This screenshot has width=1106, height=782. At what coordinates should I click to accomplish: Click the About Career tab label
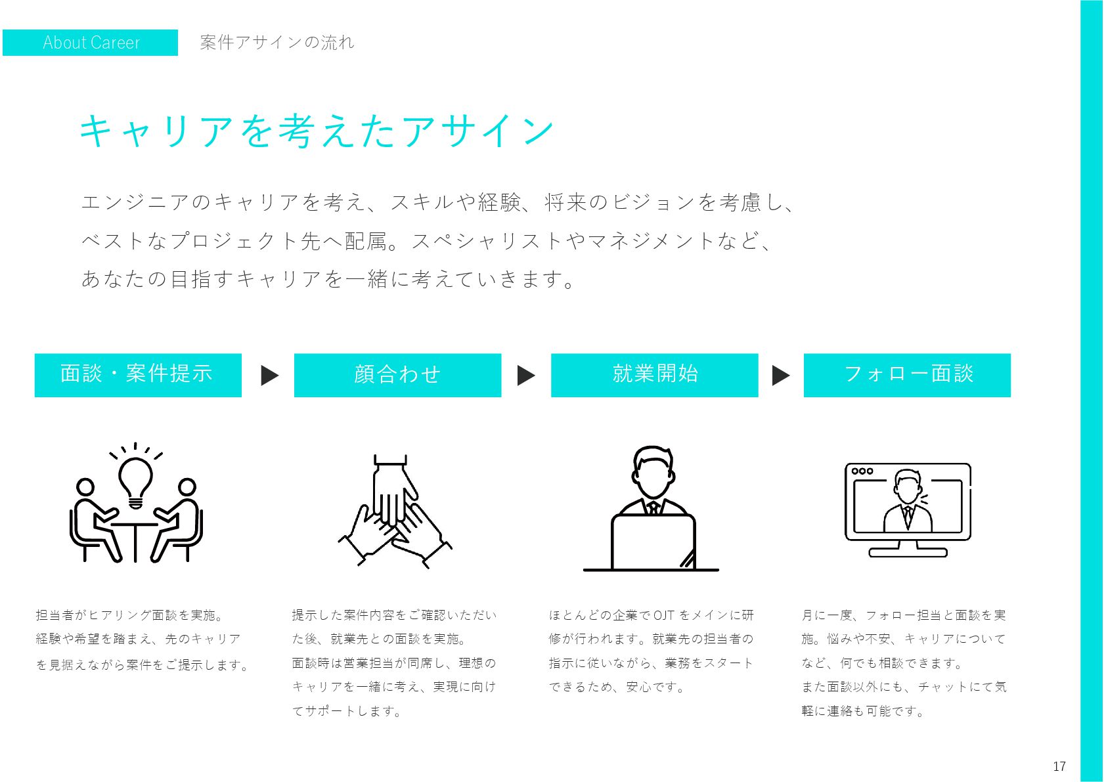(x=91, y=43)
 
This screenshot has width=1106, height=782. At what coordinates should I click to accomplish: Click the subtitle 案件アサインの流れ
(x=276, y=43)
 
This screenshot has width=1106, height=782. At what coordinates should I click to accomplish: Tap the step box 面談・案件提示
(x=138, y=375)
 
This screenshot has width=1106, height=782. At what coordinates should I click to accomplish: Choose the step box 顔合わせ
(x=397, y=375)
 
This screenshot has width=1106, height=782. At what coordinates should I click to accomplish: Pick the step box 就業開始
(x=654, y=375)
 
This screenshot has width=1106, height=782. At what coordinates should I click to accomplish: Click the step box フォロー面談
(x=907, y=375)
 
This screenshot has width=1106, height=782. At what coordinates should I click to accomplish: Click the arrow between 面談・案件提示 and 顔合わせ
(x=269, y=376)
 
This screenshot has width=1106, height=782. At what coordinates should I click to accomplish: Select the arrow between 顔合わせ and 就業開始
(x=526, y=376)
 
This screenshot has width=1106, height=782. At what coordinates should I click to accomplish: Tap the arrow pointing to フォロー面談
(x=780, y=376)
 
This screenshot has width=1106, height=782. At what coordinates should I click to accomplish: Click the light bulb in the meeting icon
(x=135, y=479)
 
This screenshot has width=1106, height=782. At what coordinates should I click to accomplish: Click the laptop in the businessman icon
(x=653, y=542)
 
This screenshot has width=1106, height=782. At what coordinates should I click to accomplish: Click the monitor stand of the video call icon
(x=908, y=550)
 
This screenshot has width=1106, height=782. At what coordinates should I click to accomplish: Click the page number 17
(x=1059, y=766)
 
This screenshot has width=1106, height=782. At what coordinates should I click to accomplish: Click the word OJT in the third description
(x=664, y=615)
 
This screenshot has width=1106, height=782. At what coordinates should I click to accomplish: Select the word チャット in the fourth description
(x=942, y=687)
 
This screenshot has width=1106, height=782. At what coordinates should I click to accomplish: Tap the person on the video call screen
(x=908, y=502)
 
